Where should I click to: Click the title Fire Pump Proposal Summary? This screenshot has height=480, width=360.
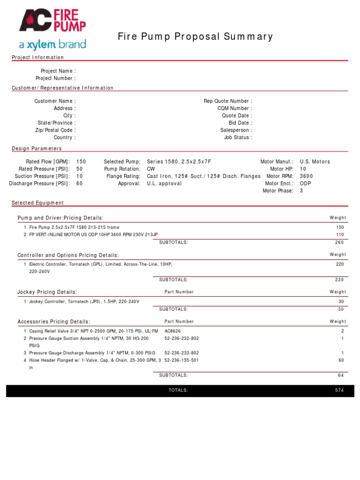[x=195, y=37]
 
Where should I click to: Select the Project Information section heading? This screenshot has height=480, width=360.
[x=37, y=57]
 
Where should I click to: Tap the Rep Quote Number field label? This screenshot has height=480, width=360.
[x=228, y=101]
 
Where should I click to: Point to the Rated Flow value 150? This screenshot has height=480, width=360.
[x=81, y=161]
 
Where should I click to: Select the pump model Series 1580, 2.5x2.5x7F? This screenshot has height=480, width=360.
[x=179, y=161]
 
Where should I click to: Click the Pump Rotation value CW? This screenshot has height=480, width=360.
[x=151, y=169]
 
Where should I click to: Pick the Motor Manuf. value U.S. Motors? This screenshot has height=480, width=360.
[x=315, y=161]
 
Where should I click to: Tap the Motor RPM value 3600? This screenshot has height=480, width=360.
[x=306, y=176]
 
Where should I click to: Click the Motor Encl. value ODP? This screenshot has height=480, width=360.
[x=305, y=183]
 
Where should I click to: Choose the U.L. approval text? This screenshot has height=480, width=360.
[x=164, y=183]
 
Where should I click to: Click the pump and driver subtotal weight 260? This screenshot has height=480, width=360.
[x=339, y=242]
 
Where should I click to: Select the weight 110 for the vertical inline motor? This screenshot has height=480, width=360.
[x=339, y=234]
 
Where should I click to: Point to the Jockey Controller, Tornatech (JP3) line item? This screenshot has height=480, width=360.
[x=84, y=301]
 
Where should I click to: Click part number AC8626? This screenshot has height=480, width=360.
[x=172, y=331]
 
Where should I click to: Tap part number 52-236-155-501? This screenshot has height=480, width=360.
[x=181, y=360]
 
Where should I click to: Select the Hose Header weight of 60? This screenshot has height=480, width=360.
[x=341, y=360]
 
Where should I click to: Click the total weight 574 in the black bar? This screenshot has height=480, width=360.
[x=339, y=390]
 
